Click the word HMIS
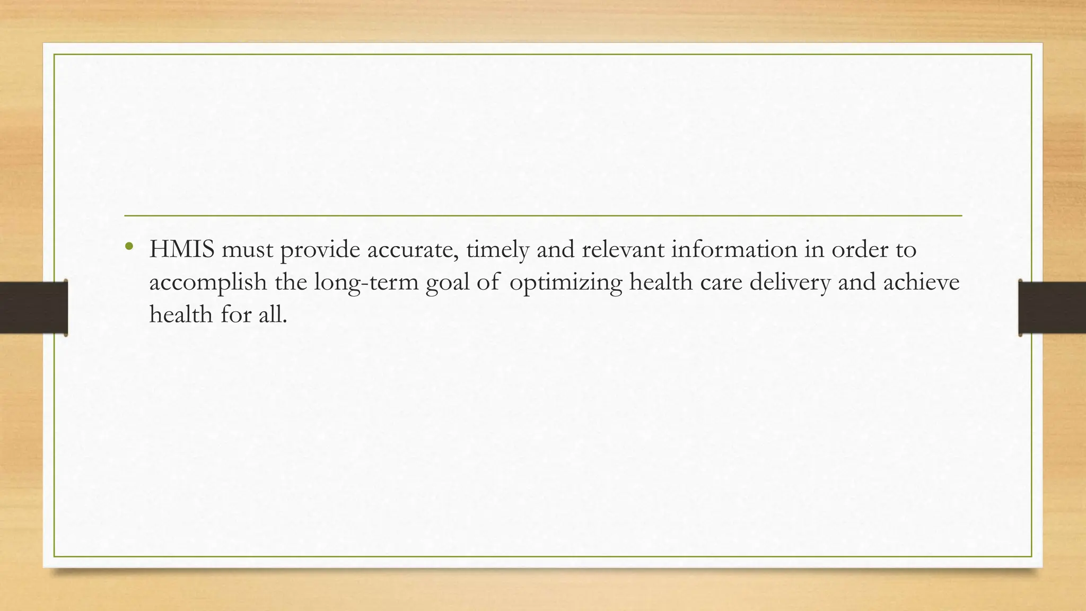point(181,249)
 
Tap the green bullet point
point(128,246)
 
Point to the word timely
point(497,249)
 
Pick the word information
point(734,249)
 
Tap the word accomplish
point(208,282)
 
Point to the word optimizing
point(565,282)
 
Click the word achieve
point(921,281)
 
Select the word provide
point(320,249)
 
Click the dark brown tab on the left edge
point(33,308)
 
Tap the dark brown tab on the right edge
point(1052,308)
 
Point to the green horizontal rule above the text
point(543,216)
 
